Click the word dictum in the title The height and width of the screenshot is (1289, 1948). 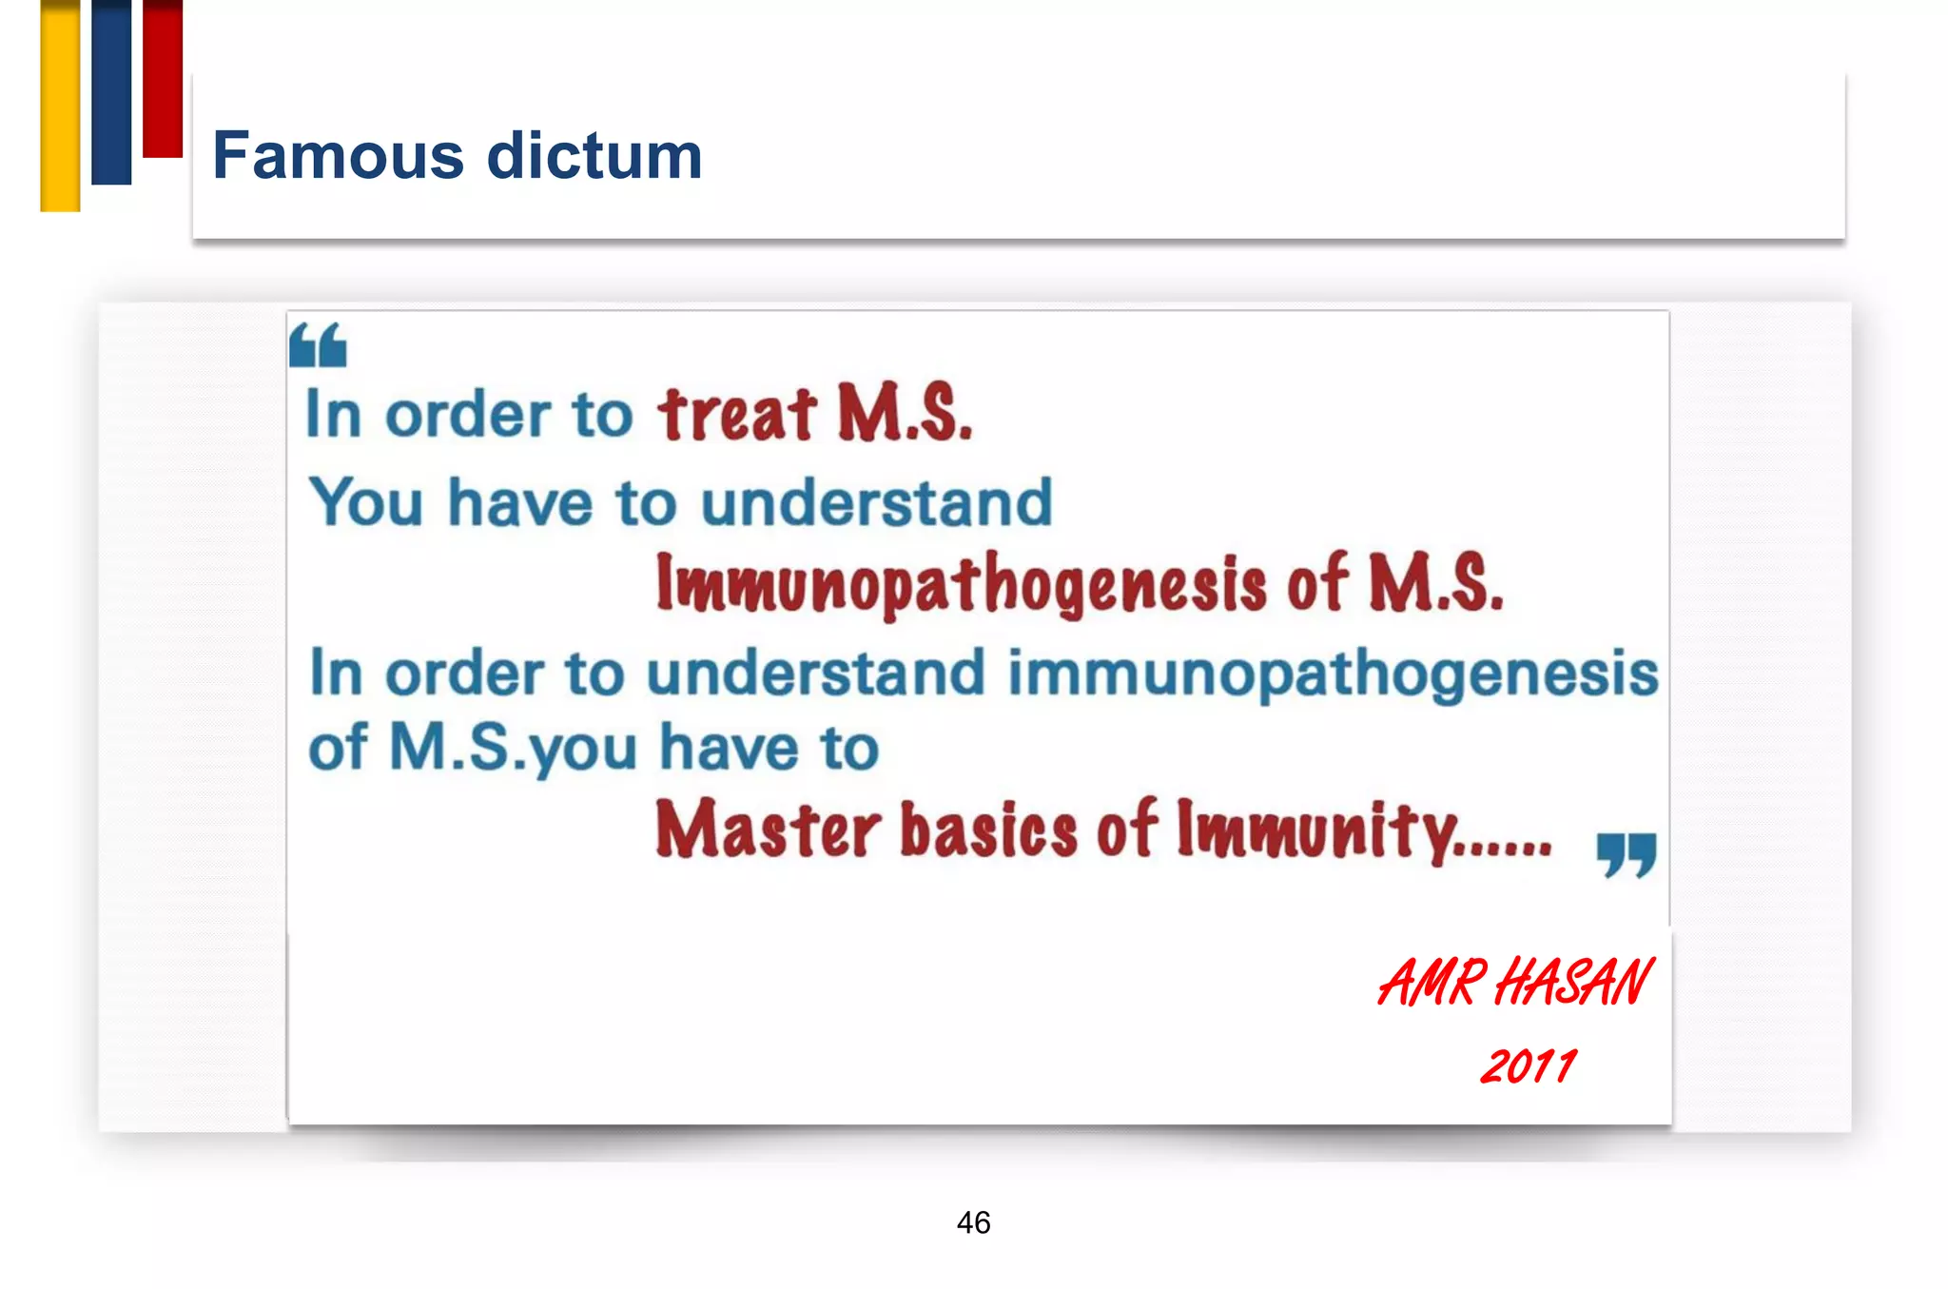(x=594, y=155)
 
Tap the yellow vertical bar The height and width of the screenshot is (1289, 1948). (x=60, y=105)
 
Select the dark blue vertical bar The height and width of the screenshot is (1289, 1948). (x=111, y=91)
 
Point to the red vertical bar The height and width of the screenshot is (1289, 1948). (x=163, y=78)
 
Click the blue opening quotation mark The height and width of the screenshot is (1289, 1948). (x=318, y=345)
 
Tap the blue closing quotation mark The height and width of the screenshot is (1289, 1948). (x=1627, y=854)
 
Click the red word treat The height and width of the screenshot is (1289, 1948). (x=737, y=415)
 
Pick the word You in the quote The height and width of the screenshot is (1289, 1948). (x=366, y=502)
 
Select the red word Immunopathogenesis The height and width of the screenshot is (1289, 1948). (x=961, y=583)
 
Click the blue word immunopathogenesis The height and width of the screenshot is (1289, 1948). (x=1333, y=674)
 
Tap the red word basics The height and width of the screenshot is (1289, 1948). (x=988, y=830)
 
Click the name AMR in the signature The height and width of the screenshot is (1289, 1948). (x=1432, y=983)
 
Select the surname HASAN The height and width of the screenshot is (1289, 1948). (x=1573, y=983)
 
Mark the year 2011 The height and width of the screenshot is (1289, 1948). (x=1528, y=1065)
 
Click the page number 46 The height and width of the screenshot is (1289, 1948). (x=973, y=1222)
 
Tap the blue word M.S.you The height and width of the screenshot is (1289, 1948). (x=514, y=749)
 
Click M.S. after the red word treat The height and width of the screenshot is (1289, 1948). (x=905, y=415)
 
